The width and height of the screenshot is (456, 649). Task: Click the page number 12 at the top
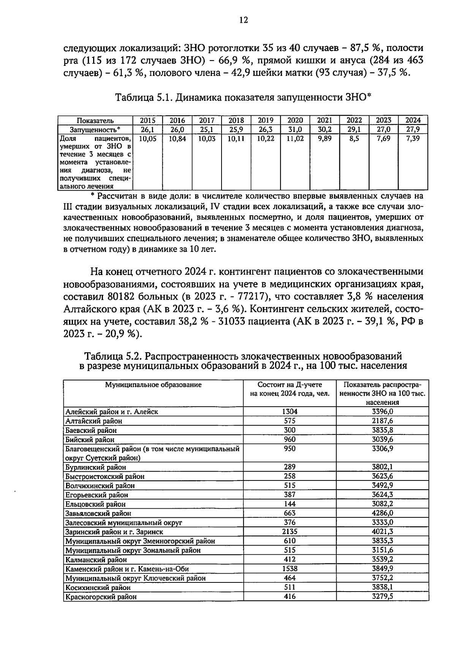(x=244, y=20)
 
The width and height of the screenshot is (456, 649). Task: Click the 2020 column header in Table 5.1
(x=295, y=120)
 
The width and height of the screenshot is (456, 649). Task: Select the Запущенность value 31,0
(x=295, y=129)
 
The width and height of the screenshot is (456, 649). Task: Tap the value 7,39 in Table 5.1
(x=413, y=139)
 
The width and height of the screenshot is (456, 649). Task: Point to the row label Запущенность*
(x=95, y=129)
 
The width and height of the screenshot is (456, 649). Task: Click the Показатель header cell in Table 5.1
(x=95, y=121)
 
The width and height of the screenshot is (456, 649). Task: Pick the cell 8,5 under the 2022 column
(x=354, y=139)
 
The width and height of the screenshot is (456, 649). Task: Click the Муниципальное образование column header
(x=153, y=385)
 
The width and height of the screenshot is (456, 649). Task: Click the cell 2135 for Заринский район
(x=290, y=532)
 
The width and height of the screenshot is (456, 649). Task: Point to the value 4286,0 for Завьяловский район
(x=382, y=513)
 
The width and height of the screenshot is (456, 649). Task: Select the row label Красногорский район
(x=101, y=597)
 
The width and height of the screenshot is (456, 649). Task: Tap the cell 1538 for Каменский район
(x=290, y=569)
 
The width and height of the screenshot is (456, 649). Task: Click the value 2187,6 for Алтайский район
(x=382, y=421)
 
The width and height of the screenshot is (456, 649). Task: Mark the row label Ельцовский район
(x=95, y=504)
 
